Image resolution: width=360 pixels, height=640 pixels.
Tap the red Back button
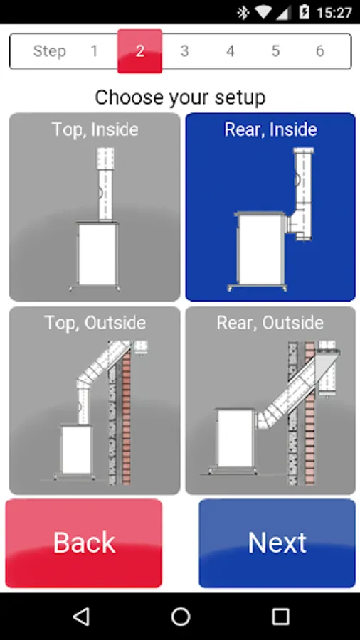84,543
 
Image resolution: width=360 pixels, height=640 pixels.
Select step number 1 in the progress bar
95,51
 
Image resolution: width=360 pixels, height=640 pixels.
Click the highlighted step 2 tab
139,51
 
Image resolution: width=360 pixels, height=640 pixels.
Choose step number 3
184,51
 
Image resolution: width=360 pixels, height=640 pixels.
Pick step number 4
231,51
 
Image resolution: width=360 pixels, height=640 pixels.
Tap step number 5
275,51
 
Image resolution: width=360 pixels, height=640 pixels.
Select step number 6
320,51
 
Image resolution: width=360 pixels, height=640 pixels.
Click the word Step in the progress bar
49,51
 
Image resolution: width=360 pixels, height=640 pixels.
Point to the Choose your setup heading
180,97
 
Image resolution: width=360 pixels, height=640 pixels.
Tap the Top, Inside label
95,129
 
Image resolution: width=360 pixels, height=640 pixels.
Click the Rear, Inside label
270,129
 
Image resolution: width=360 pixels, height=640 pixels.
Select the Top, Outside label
95,323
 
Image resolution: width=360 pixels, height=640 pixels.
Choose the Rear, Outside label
270,323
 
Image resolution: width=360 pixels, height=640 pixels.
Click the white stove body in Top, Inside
97,254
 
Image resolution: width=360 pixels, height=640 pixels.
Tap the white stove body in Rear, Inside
260,249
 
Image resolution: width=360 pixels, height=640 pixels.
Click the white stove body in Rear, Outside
235,438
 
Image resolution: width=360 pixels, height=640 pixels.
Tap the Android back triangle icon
81,617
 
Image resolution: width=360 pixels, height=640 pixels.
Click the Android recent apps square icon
280,617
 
